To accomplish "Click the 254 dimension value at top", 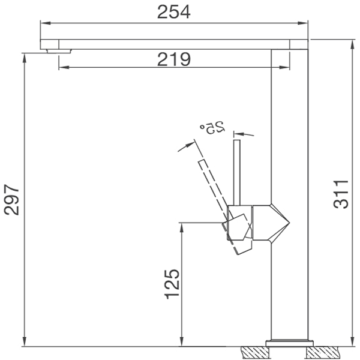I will point(173,11).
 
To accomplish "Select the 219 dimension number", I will point(173,58).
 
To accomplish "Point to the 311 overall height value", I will point(341,194).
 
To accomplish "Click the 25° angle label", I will point(212,127).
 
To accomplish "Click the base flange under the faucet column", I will point(290,343).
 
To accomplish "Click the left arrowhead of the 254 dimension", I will point(43,23).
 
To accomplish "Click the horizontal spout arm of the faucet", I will point(168,44).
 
